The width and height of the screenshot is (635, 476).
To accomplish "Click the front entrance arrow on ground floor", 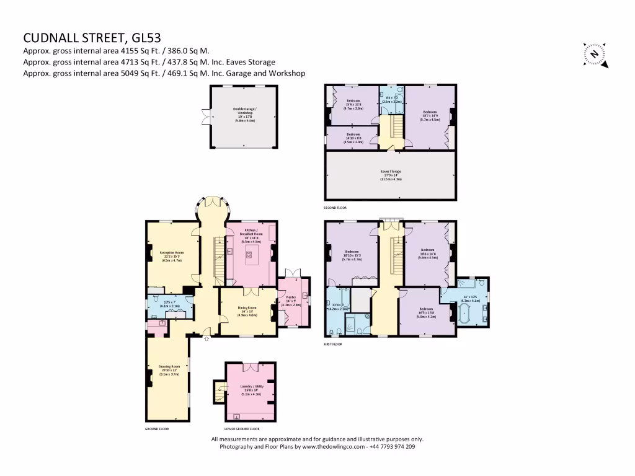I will tap(206, 338).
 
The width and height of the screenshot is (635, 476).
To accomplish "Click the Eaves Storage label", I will tap(391, 175).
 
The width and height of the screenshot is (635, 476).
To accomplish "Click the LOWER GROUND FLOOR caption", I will tap(241, 428).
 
